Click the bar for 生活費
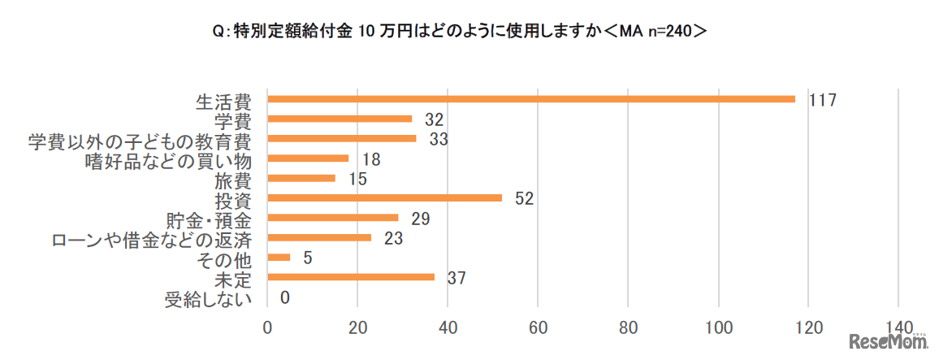tap(531, 99)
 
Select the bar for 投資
tap(385, 197)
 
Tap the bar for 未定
tap(352, 277)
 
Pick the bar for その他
tap(279, 258)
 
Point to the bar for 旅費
tap(301, 178)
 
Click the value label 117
tap(822, 100)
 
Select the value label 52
tap(524, 198)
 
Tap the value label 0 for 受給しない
tap(284, 297)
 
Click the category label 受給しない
tap(207, 299)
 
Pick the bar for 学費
tap(340, 119)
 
